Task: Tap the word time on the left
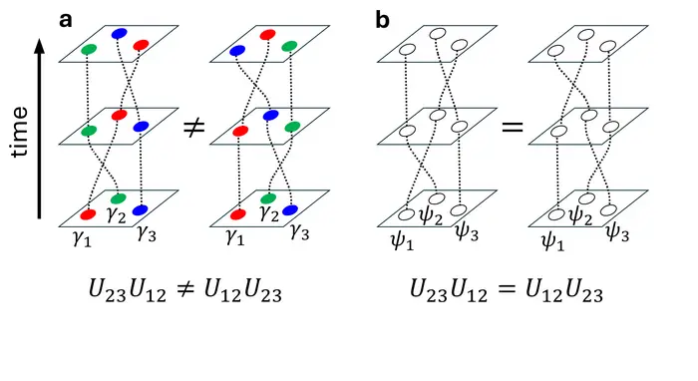(x=20, y=141)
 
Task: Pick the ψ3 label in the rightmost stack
(x=617, y=232)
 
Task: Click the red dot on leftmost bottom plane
(x=88, y=214)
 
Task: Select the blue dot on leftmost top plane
(x=119, y=34)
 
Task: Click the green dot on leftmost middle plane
(x=89, y=131)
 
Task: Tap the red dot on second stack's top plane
(x=267, y=35)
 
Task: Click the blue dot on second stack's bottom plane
(x=289, y=210)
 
